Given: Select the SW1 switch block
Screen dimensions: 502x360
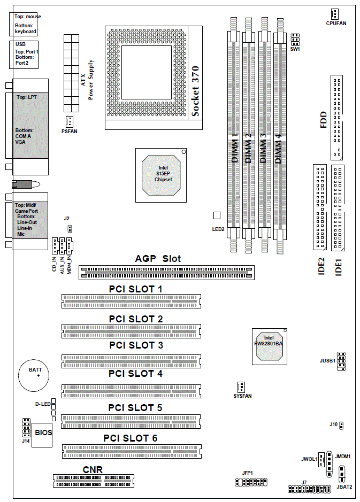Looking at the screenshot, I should tap(295, 41).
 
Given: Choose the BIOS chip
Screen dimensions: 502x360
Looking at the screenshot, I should tap(43, 432).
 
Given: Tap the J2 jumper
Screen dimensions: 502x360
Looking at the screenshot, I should tap(70, 229).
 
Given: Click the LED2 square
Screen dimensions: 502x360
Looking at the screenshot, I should tap(217, 215).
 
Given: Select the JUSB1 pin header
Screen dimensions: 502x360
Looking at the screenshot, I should tap(341, 361).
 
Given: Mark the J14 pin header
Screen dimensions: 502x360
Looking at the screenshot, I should tap(25, 428).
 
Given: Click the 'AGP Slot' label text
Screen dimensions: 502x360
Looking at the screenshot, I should tap(158, 259).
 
